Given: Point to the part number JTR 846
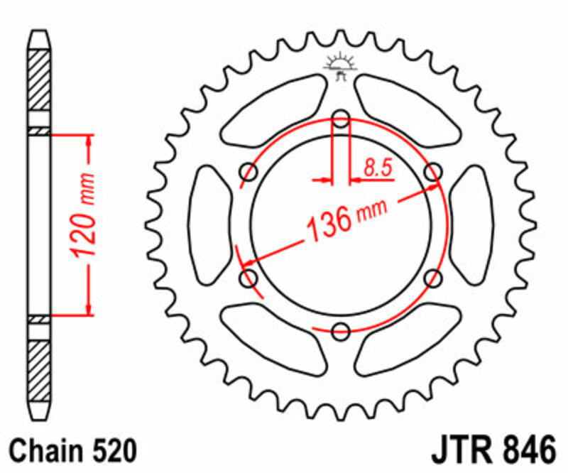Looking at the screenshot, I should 491,450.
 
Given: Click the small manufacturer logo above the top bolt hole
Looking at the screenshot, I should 341,65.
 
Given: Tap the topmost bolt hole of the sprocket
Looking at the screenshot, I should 341,119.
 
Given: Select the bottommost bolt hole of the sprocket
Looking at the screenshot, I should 341,330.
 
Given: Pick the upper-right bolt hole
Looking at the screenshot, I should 432,171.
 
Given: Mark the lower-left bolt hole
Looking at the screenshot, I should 249,278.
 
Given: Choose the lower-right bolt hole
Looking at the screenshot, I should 432,278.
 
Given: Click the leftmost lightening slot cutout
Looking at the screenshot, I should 207,224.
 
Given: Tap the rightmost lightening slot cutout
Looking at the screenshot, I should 473,224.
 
